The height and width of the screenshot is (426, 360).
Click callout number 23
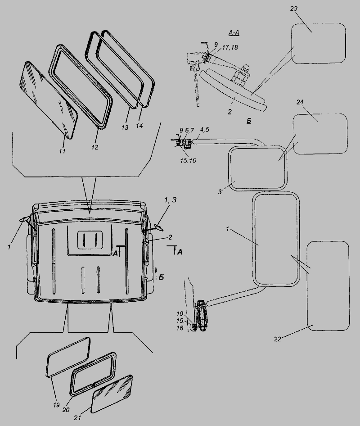tap(294, 9)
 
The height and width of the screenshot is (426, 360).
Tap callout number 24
tap(300, 102)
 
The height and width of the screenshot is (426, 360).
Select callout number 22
tap(277, 339)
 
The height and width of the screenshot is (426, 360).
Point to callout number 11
tap(63, 151)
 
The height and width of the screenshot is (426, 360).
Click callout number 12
tap(95, 147)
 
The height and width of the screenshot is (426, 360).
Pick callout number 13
tap(125, 127)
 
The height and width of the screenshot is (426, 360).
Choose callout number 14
tap(139, 126)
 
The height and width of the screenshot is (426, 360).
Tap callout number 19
tap(56, 405)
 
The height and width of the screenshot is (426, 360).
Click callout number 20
tap(66, 410)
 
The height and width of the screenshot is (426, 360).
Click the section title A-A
tap(234, 33)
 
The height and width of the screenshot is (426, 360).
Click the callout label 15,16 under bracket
tap(188, 161)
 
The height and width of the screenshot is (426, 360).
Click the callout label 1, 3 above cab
tap(170, 200)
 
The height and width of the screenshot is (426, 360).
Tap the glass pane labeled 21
tap(112, 392)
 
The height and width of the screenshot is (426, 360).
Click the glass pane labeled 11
tap(49, 100)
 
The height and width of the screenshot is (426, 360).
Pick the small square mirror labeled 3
tap(257, 168)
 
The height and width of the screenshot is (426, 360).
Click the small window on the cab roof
tap(90, 240)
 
